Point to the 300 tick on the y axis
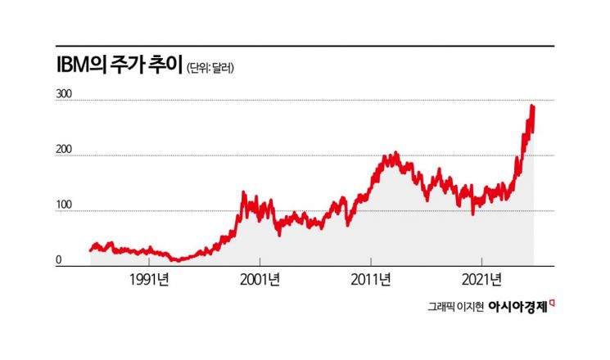(64, 95)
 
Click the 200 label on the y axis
(64, 151)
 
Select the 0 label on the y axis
(59, 261)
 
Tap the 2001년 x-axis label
(260, 279)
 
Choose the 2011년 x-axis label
(371, 279)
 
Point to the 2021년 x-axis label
(482, 279)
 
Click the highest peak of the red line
(532, 106)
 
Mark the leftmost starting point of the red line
(90, 250)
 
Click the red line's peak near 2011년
(395, 153)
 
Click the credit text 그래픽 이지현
(454, 306)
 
